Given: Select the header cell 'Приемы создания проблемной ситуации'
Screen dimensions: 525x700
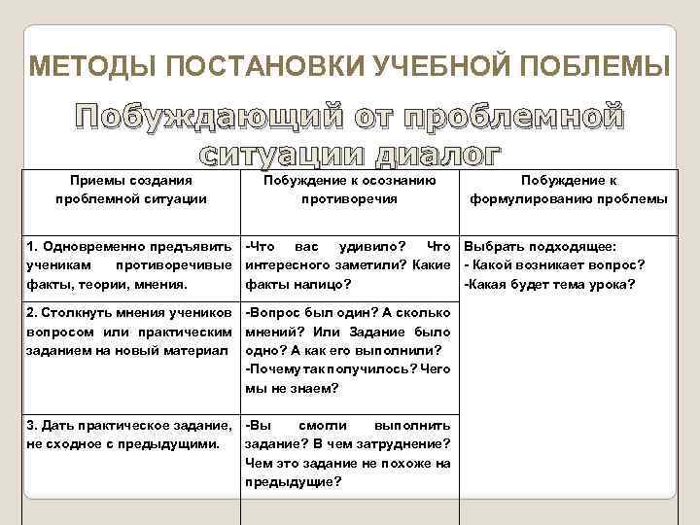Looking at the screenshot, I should point(131,190).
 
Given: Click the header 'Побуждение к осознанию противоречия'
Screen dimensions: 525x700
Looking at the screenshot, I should point(349,190).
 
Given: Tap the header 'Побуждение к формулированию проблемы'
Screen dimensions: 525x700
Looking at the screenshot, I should point(569,190).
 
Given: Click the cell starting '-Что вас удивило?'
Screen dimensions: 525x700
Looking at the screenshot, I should point(349,264).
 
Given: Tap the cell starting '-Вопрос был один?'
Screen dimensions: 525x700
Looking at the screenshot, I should point(349,350).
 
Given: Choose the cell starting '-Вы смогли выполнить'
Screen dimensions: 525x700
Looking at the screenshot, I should point(349,453).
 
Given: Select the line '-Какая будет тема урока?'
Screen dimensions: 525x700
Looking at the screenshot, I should point(549,284).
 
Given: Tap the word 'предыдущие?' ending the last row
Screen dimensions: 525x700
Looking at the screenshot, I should point(294,481).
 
